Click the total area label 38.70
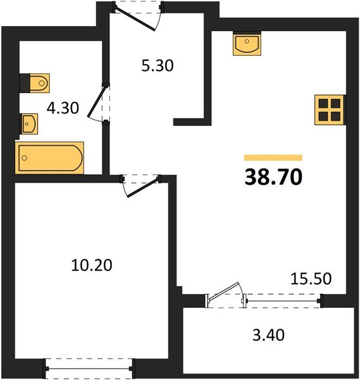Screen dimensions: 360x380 tap(273, 177)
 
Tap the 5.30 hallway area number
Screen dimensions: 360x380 tap(158, 65)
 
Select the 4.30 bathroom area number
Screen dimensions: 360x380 tap(63, 108)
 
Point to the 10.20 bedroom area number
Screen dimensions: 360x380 tap(92, 265)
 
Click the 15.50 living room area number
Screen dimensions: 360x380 tap(311, 279)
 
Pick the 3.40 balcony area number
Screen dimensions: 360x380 tap(268, 336)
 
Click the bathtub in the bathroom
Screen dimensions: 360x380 tap(49, 158)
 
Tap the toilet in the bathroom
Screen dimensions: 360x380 tap(40, 83)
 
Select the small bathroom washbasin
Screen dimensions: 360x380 tap(30, 124)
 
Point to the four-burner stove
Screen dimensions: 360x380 tap(329, 110)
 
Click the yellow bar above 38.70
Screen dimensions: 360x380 tap(273, 158)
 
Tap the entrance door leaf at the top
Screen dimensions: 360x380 tap(135, 19)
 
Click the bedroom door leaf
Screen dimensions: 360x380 tap(144, 187)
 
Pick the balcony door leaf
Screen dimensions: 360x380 tap(223, 292)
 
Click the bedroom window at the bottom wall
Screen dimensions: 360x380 tap(89, 369)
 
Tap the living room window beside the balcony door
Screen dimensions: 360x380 tap(283, 301)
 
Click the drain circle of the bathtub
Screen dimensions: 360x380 tap(24, 158)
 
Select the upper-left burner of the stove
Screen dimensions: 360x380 tap(323, 103)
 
